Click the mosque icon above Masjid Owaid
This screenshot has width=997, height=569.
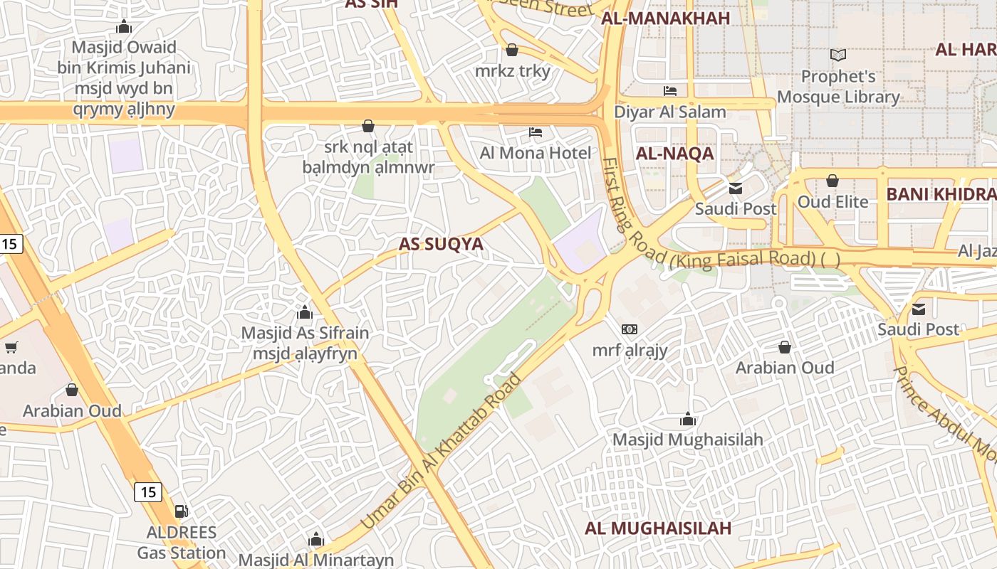(x=124, y=27)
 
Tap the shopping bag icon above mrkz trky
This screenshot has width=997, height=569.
(x=511, y=50)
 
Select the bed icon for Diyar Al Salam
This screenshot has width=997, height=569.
(x=670, y=91)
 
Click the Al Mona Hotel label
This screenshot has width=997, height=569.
(x=536, y=153)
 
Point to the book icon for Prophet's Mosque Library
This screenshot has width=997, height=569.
(x=838, y=55)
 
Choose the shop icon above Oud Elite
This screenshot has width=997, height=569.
(x=832, y=181)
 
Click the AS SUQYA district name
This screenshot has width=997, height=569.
(x=441, y=244)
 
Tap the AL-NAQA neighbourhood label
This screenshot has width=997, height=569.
(x=674, y=154)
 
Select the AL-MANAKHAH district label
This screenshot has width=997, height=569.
(x=666, y=18)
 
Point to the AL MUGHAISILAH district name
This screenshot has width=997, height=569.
(x=658, y=528)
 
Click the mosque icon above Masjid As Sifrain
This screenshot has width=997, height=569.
(x=305, y=312)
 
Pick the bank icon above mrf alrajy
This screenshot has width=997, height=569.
(x=630, y=329)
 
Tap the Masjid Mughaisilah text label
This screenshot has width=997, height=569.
(x=688, y=440)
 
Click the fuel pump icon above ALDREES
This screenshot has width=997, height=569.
(x=182, y=511)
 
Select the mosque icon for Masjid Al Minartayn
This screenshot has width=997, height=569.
(x=315, y=539)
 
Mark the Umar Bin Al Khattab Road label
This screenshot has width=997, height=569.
(x=442, y=451)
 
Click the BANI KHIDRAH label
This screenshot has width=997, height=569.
(x=940, y=194)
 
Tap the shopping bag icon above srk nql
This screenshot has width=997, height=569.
(x=368, y=126)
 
